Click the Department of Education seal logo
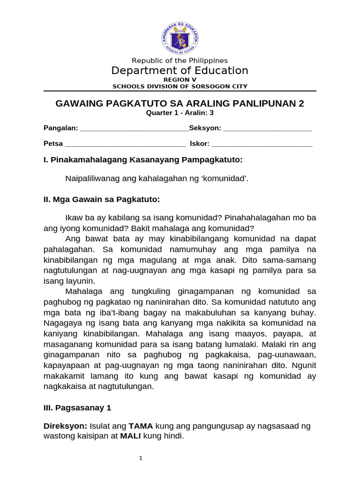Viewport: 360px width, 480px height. click(x=180, y=38)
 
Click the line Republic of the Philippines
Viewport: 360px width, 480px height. click(x=180, y=60)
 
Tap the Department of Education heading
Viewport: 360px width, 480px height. click(x=180, y=71)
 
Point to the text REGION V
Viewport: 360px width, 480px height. click(x=180, y=80)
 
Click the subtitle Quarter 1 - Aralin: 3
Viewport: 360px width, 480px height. click(x=180, y=113)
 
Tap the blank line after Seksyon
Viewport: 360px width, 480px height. click(x=267, y=128)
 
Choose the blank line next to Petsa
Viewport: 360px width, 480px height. click(x=125, y=144)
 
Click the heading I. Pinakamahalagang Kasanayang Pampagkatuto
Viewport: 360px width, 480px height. click(x=142, y=160)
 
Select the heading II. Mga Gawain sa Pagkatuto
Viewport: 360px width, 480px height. click(x=101, y=200)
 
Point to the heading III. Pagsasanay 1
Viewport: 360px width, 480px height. click(x=77, y=408)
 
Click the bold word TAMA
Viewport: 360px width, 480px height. click(x=141, y=426)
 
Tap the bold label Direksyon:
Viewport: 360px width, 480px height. click(x=63, y=426)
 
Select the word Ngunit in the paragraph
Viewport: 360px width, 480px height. click(x=303, y=365)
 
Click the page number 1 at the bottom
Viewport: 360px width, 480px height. click(x=141, y=458)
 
